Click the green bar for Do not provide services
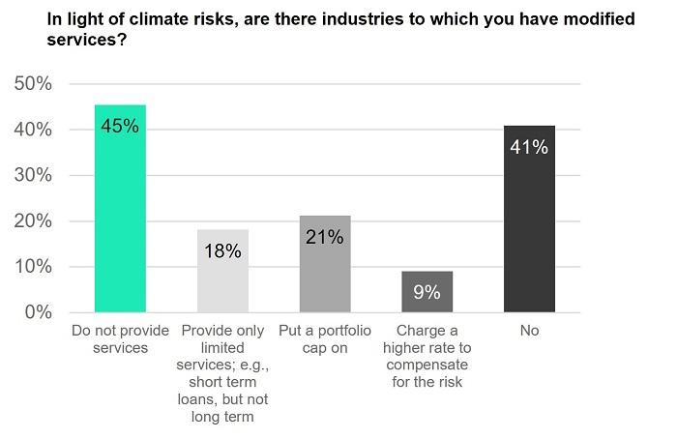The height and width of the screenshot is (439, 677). pos(120,208)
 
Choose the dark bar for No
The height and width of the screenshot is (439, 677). pos(529,219)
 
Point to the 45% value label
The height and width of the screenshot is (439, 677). pos(120,126)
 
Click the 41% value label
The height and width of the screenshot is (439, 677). pos(529,147)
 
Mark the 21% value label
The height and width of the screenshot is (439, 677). pos(325,237)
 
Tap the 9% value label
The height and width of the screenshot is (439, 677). pos(427,292)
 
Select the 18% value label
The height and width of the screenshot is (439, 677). pos(222,251)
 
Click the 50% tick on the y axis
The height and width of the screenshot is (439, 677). pos(33,84)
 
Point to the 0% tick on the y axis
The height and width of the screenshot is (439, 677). pos(38,312)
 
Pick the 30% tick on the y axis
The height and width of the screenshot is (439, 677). pos(33,175)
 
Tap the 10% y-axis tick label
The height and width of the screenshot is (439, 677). pos(33,267)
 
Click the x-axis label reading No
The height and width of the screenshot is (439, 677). pos(529,331)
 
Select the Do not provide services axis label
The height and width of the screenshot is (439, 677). pos(120,339)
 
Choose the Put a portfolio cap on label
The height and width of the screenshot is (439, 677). pos(325,339)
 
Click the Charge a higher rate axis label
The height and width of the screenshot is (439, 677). pos(427,356)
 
